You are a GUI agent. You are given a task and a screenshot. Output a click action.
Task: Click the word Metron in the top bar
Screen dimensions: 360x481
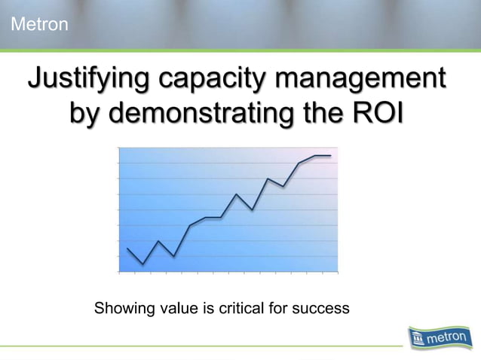39,26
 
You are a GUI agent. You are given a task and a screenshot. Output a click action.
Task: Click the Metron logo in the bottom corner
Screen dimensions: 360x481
440,339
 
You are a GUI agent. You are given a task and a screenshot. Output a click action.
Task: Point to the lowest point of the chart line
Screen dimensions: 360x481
142,264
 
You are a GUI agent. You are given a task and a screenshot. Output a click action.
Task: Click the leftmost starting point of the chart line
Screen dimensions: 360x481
127,248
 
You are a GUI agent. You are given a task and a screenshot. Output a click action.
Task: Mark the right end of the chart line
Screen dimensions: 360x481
330,156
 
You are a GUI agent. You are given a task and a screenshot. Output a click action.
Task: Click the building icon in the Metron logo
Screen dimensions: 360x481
419,341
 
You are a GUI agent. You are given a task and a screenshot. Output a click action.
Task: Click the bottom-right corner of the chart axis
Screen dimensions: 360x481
338,270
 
